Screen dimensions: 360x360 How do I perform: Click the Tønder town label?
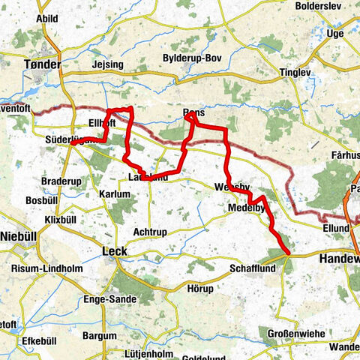click(43, 64)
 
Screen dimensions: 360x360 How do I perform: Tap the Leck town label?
click(112, 251)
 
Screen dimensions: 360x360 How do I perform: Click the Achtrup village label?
click(149, 232)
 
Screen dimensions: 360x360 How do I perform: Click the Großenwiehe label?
click(295, 333)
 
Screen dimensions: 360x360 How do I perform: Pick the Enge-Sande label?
click(110, 298)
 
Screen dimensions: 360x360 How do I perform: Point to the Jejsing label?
click(108, 65)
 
